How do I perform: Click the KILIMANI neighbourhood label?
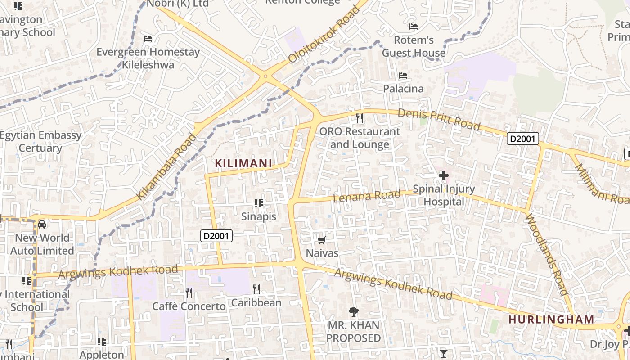coord(243,163)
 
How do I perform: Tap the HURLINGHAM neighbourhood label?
coord(551,319)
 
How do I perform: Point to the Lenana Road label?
coord(367,196)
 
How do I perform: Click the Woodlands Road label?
coord(547,254)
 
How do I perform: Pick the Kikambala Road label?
coord(166,167)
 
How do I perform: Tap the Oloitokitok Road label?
coord(324,35)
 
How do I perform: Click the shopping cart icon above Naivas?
coord(322,240)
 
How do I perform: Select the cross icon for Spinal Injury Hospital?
coord(444,175)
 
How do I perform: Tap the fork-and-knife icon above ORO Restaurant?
coord(359,118)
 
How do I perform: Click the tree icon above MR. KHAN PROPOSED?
coord(353,311)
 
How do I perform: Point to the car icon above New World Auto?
coord(42,224)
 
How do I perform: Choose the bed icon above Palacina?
coord(403,76)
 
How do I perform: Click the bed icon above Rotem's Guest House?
coord(414,27)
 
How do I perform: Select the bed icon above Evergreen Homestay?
coord(148,39)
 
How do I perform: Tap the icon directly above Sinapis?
coord(258,203)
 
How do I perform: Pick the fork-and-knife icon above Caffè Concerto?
coord(189,293)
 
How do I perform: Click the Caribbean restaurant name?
coord(256,303)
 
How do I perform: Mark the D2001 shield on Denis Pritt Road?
coord(523,139)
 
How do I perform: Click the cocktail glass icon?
coord(444,353)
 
